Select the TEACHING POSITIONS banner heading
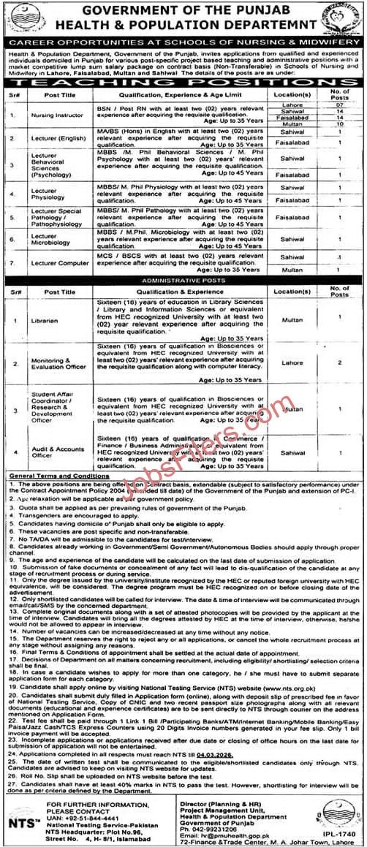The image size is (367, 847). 183,85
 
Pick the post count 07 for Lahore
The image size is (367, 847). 338,106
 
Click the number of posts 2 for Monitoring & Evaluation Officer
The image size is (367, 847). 339,362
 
